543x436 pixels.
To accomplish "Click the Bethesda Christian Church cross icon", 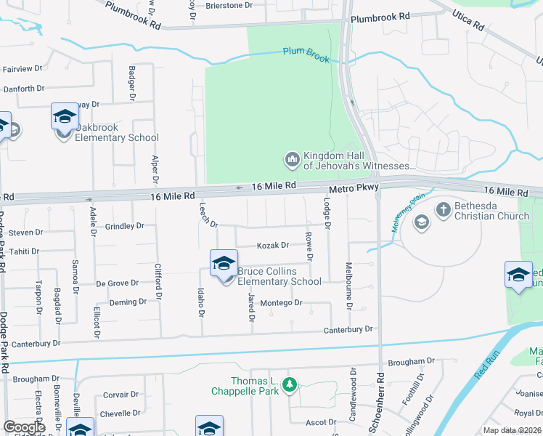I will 444,210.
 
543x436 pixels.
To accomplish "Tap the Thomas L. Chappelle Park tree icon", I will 290,384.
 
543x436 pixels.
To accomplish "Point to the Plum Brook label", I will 306,55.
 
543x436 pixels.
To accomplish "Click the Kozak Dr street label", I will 273,246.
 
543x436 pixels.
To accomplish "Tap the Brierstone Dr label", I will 228,4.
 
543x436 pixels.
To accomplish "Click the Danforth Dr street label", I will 24,89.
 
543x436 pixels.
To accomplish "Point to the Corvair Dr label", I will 121,395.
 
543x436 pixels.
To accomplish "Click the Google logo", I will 24,427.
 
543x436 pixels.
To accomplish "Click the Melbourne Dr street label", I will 349,286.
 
